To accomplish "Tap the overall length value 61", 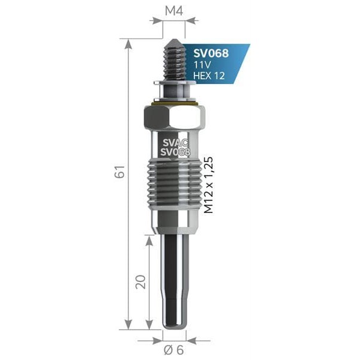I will coord(121,172).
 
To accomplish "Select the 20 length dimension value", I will coord(141,281).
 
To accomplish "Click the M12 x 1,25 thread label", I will coord(209,184).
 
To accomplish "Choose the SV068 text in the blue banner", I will coord(211,52).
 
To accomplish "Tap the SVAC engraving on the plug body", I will coord(175,142).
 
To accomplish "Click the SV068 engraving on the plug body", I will coord(175,152).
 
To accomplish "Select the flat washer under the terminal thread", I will coord(175,82).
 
